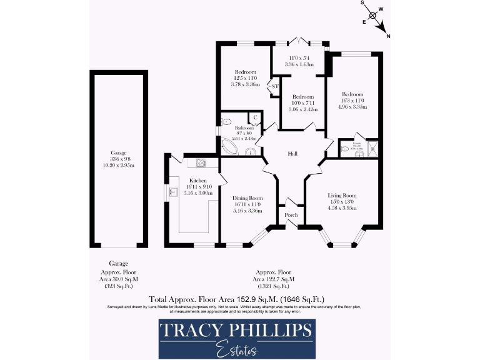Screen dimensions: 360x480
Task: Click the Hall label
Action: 292,154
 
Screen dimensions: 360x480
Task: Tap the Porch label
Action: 290,215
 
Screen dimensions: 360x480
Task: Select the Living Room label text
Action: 342,195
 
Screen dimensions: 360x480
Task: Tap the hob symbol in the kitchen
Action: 201,163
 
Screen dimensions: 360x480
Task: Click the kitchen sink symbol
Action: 170,191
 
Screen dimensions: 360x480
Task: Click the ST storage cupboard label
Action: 274,87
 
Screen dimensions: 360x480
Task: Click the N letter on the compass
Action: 389,37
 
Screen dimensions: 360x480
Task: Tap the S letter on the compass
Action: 361,3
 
